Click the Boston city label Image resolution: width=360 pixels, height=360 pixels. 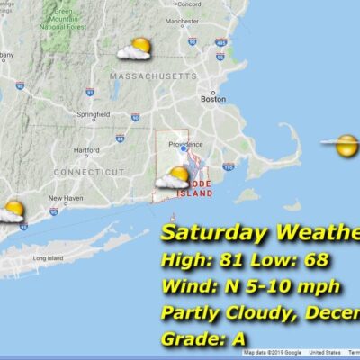tap(213, 100)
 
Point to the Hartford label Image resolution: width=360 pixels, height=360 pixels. tap(86, 149)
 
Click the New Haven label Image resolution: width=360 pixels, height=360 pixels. tap(67, 198)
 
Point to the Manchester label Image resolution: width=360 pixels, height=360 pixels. tap(183, 20)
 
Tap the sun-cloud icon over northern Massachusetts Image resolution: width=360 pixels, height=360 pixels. tap(135, 49)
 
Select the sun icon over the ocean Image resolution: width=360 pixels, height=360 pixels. tap(345, 144)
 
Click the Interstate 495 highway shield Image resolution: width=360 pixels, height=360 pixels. tap(221, 41)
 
